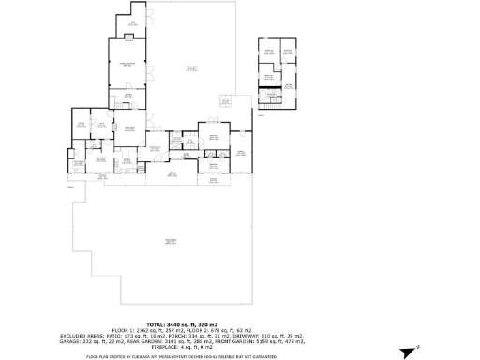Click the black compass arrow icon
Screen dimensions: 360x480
tap(408, 352)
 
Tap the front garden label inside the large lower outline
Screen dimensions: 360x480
tap(171, 241)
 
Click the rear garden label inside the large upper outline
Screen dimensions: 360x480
tap(191, 67)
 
